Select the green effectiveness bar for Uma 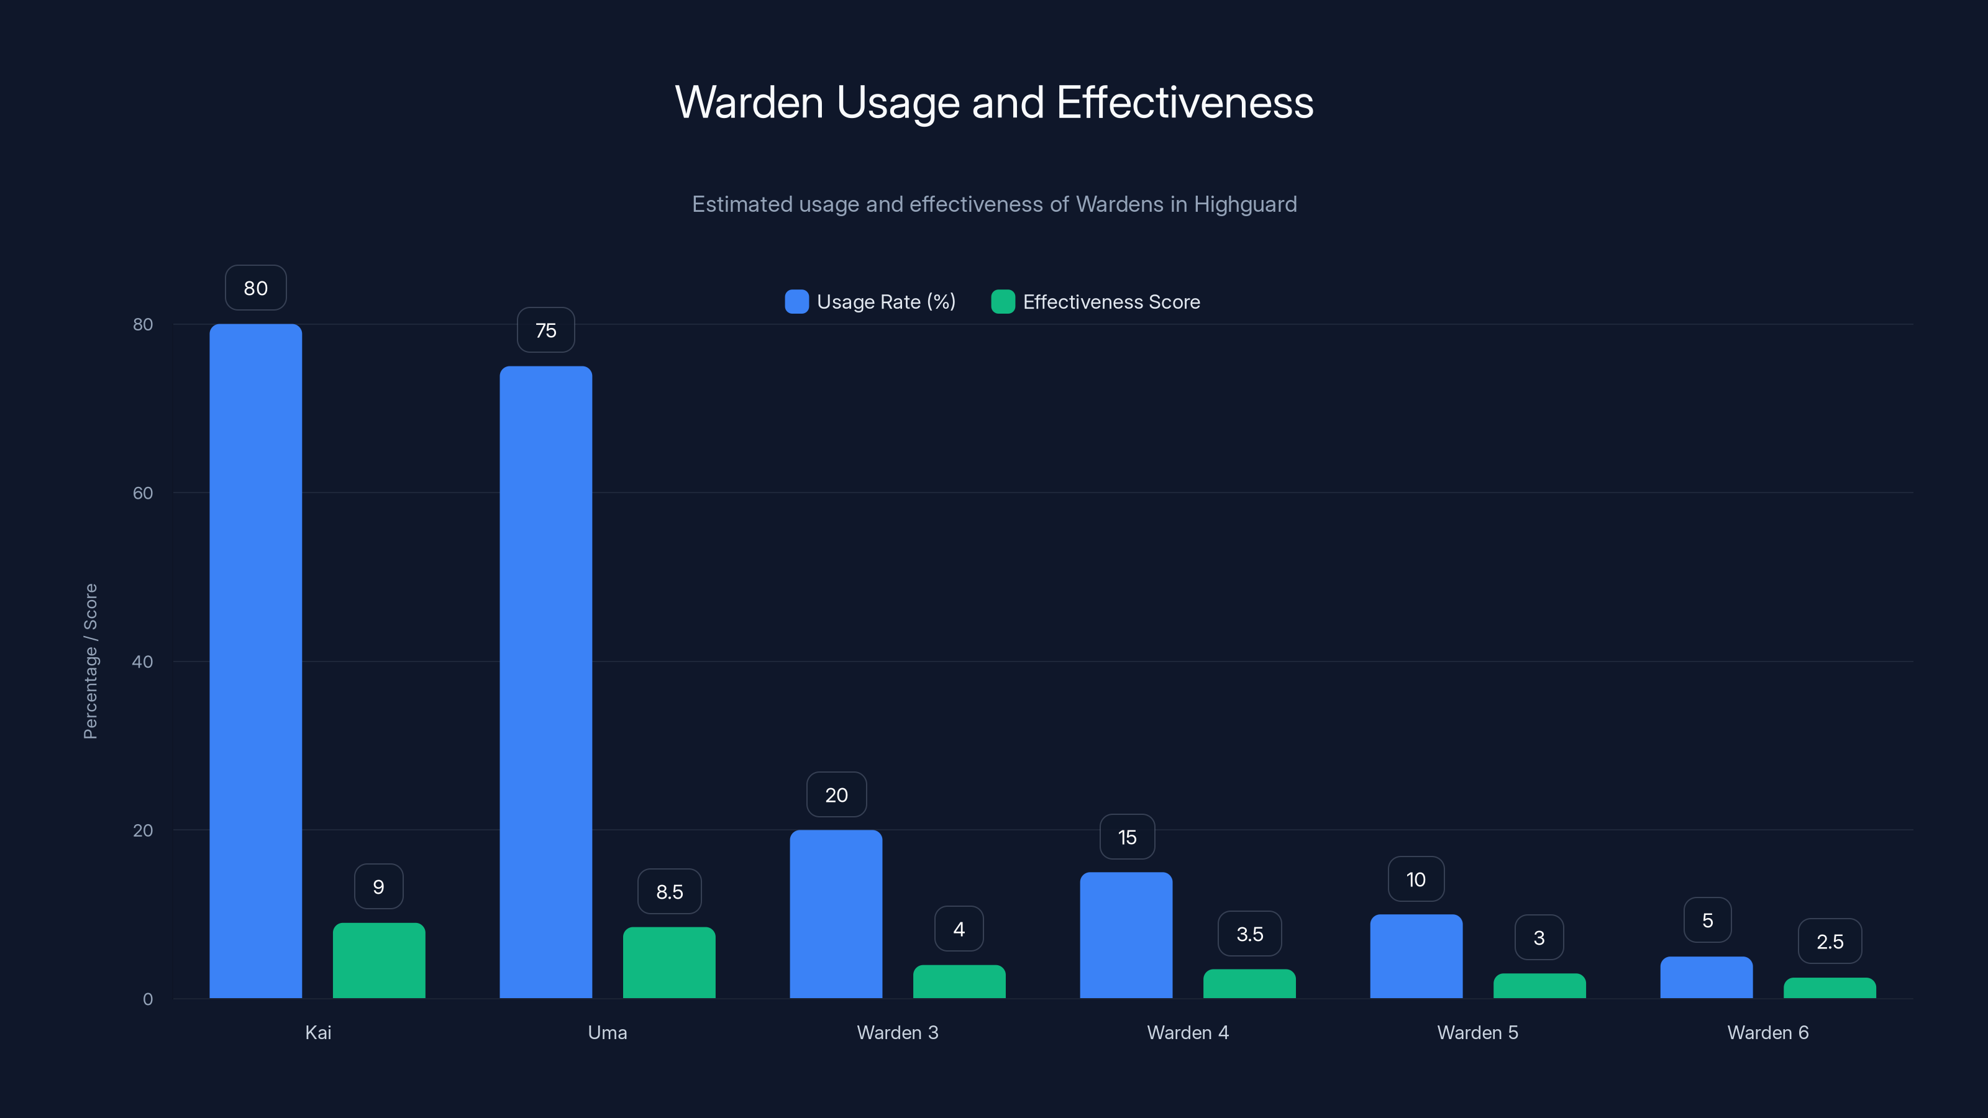(669, 962)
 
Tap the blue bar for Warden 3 (836, 914)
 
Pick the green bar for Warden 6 (1829, 988)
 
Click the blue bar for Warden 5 (1416, 956)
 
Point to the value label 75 (545, 330)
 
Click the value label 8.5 (669, 892)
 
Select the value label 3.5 (1249, 934)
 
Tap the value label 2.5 (1829, 942)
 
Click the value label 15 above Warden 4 (1127, 837)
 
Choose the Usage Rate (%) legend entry (885, 302)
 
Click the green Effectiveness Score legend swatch (1003, 302)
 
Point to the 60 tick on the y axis (143, 493)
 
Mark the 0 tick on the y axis (147, 999)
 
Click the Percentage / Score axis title (90, 661)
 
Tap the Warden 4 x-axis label (1187, 1032)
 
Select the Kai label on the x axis (318, 1032)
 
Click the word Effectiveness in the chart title (1184, 102)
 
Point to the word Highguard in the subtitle (1245, 204)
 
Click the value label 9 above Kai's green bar (378, 886)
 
